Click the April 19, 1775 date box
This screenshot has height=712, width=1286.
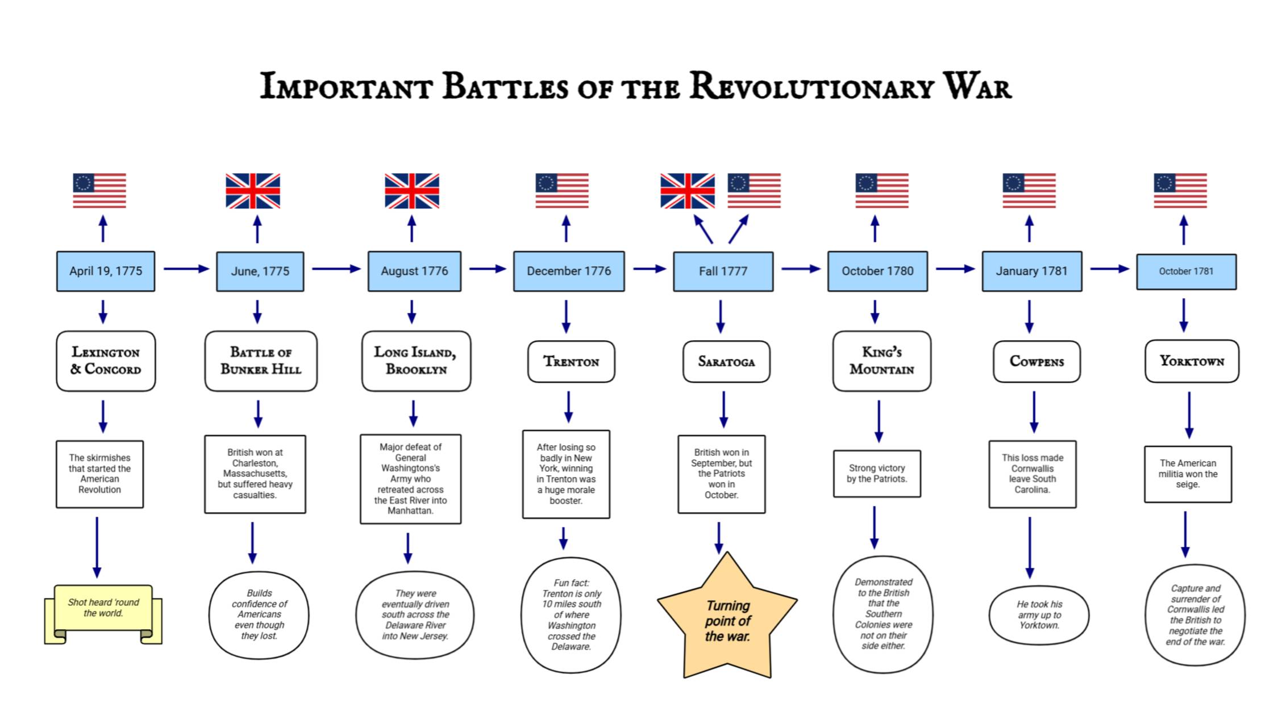point(106,271)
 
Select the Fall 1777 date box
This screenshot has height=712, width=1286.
point(723,271)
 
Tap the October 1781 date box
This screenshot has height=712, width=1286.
point(1186,271)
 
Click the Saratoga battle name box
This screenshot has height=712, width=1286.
point(726,362)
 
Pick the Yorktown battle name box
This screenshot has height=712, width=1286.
point(1192,361)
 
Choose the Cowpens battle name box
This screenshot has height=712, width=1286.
point(1037,362)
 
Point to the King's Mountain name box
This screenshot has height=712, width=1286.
point(881,361)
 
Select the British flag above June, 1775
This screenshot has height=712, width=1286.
point(253,191)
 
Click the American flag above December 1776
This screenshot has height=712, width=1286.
point(562,191)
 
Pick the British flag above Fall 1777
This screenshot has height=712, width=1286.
point(688,191)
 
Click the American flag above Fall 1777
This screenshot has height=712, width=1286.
point(754,191)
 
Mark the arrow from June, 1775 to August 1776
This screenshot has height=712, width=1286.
point(336,269)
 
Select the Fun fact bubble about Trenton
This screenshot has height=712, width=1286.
point(571,615)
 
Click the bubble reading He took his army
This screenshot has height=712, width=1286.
point(1039,615)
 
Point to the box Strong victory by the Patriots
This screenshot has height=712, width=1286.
point(877,474)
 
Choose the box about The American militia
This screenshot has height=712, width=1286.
point(1188,474)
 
